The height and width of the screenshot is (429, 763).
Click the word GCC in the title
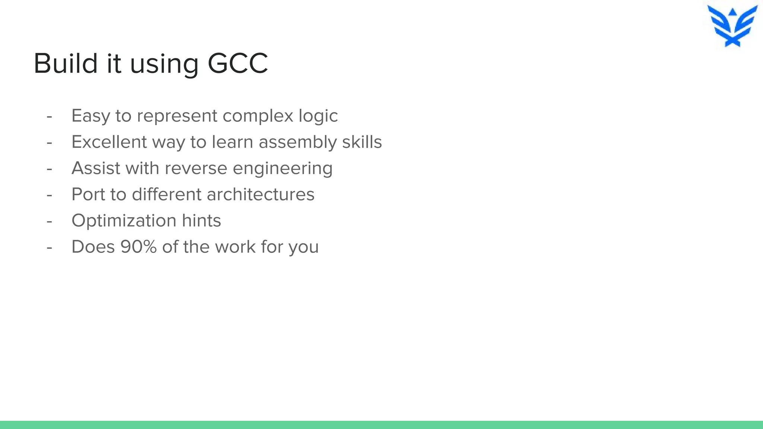coord(237,64)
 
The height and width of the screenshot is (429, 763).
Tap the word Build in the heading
coord(66,64)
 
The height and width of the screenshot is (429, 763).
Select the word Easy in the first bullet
coord(91,116)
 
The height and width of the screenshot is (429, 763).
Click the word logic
coord(318,116)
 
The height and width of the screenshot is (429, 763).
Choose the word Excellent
coord(109,142)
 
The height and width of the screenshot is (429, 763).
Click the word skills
coord(362,142)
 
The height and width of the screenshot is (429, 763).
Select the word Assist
coord(96,168)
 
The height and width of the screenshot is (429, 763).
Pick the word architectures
coord(260,194)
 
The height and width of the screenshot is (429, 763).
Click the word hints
coord(201,221)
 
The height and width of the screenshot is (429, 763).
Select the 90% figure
coord(139,247)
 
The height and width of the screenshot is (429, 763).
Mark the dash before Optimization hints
coord(49,222)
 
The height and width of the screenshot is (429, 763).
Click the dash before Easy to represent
coord(49,117)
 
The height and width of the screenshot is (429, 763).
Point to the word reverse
coord(196,168)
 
